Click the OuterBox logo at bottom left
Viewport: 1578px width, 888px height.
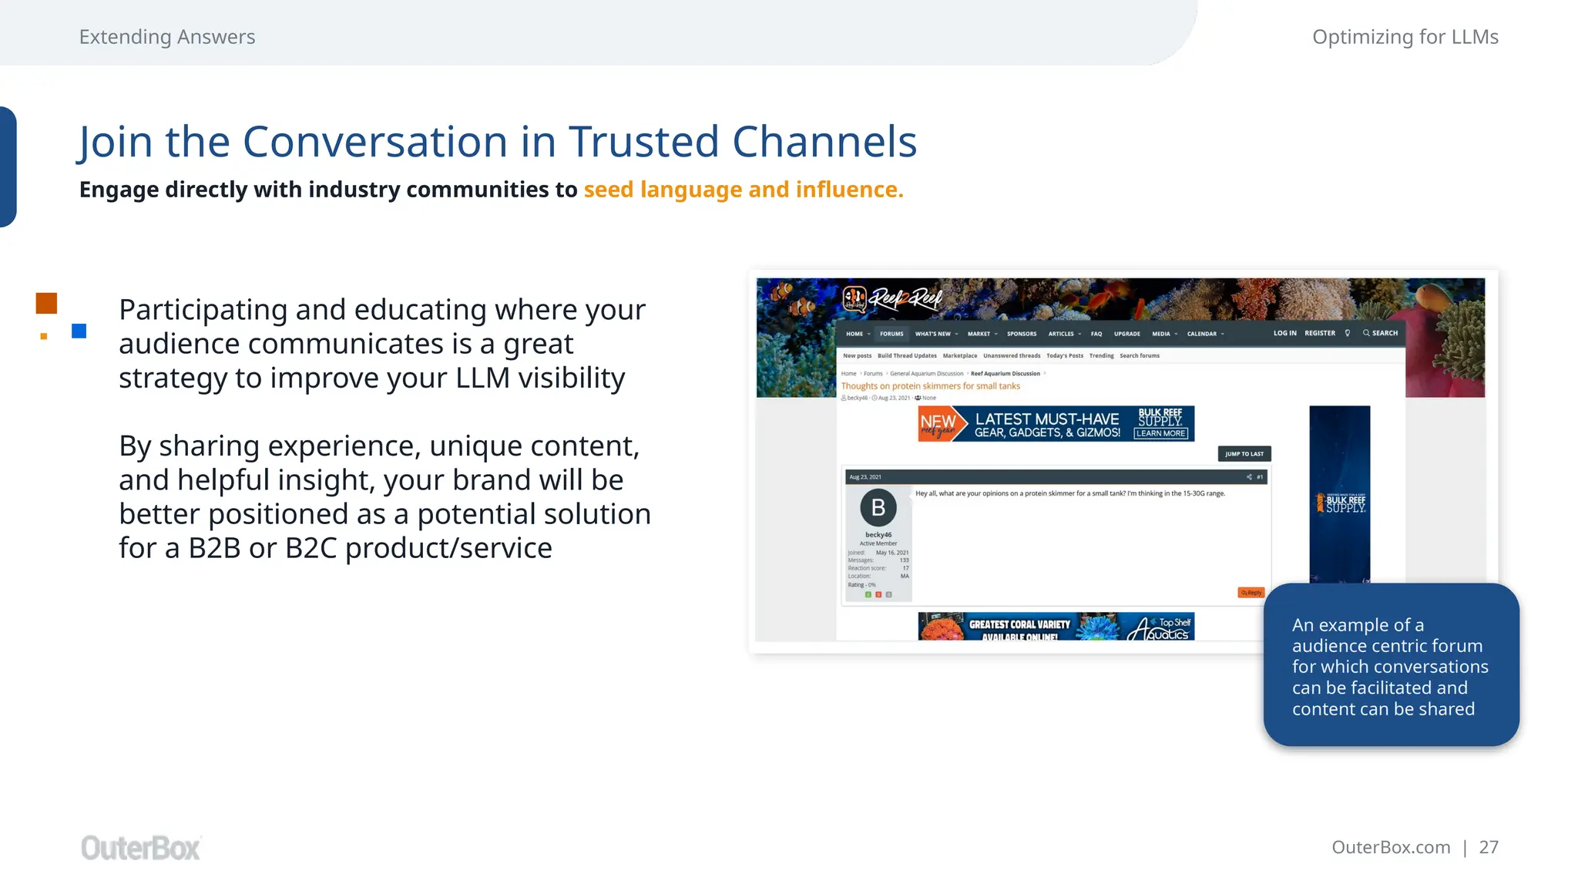[140, 848]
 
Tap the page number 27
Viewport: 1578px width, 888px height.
[1489, 847]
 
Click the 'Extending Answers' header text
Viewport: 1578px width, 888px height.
[167, 37]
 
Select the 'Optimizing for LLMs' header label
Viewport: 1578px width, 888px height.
[1405, 37]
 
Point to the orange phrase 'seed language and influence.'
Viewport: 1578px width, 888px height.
[743, 190]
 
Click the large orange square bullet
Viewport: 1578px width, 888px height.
[46, 303]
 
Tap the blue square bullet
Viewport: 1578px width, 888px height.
[79, 331]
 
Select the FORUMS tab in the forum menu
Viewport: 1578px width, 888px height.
[891, 334]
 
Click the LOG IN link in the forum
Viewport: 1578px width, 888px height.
[1284, 333]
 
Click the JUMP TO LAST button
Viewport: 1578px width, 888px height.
[1244, 454]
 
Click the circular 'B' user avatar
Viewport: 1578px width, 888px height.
[878, 508]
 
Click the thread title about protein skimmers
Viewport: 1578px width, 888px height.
[930, 386]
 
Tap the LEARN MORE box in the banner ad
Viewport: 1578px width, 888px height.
[1160, 433]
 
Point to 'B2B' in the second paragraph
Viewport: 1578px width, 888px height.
[214, 548]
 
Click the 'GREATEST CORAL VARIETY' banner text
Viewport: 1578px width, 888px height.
[1019, 624]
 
